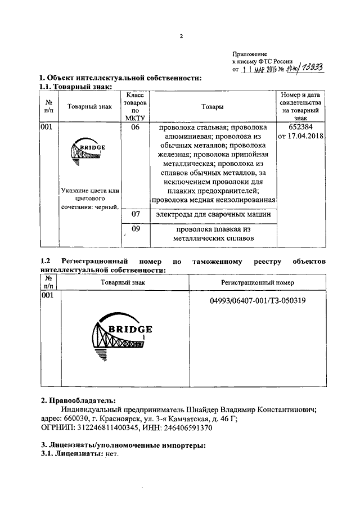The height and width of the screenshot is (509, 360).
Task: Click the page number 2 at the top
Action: [x=181, y=37]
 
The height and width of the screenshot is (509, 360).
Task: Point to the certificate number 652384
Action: [x=299, y=127]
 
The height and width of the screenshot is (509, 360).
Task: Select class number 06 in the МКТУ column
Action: [x=135, y=128]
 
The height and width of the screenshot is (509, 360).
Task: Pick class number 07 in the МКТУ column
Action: [x=135, y=214]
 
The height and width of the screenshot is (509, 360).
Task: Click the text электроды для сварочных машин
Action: [x=212, y=214]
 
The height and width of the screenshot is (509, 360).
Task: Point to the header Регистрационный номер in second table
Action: [x=257, y=282]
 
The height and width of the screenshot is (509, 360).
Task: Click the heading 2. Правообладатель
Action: [x=78, y=401]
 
